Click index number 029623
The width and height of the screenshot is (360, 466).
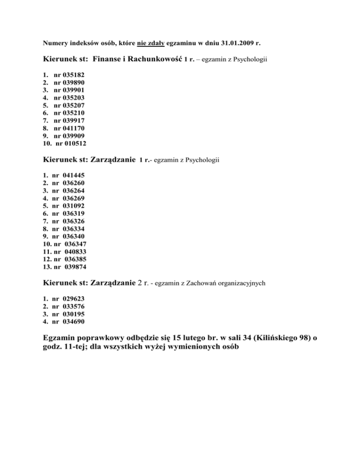click(x=73, y=298)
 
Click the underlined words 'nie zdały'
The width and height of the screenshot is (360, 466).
click(x=151, y=43)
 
